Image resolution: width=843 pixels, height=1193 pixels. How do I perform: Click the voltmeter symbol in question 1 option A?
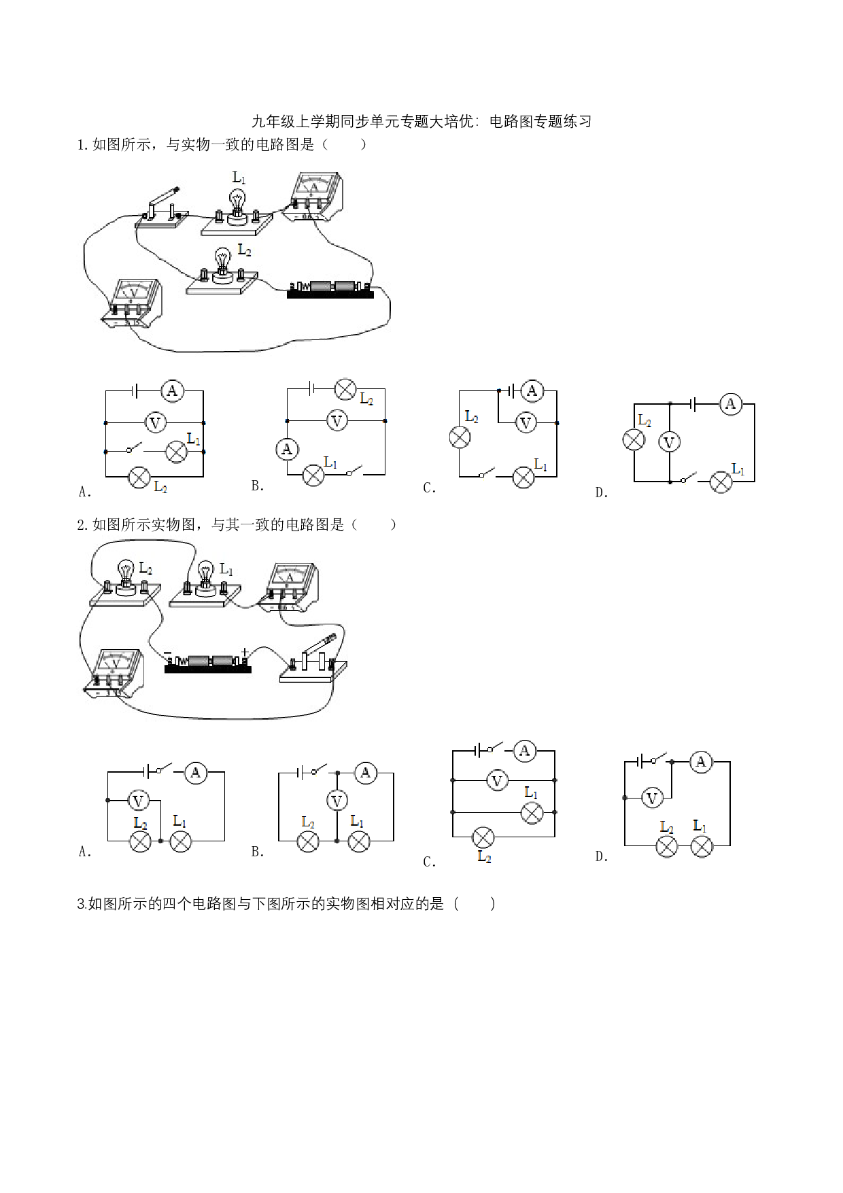pyautogui.click(x=155, y=423)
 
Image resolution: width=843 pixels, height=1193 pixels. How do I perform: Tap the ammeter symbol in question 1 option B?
pyautogui.click(x=287, y=448)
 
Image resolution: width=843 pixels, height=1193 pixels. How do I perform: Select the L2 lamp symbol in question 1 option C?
pyautogui.click(x=460, y=437)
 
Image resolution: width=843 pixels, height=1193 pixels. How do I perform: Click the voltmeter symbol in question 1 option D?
pyautogui.click(x=669, y=443)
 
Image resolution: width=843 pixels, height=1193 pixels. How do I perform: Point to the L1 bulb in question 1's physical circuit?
pyautogui.click(x=237, y=205)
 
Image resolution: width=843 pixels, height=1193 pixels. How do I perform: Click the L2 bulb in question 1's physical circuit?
pyautogui.click(x=222, y=265)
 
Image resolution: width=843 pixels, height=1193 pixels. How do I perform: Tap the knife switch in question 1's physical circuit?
pyautogui.click(x=163, y=207)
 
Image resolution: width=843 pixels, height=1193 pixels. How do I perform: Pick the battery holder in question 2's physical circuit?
pyautogui.click(x=208, y=662)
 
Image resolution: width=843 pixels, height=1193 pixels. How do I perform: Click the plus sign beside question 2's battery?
pyautogui.click(x=245, y=652)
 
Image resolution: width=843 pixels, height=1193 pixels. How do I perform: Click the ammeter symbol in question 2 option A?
pyautogui.click(x=196, y=772)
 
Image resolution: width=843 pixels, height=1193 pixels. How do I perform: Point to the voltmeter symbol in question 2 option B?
pyautogui.click(x=337, y=801)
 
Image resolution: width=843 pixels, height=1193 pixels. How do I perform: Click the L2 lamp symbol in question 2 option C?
pyautogui.click(x=483, y=837)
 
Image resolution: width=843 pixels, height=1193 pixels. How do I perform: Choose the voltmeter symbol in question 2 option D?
pyautogui.click(x=652, y=798)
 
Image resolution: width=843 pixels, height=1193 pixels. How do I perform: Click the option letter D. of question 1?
pyautogui.click(x=601, y=492)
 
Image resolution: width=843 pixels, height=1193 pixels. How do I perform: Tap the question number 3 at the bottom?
pyautogui.click(x=82, y=904)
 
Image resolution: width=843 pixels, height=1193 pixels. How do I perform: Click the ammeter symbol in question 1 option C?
pyautogui.click(x=532, y=390)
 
